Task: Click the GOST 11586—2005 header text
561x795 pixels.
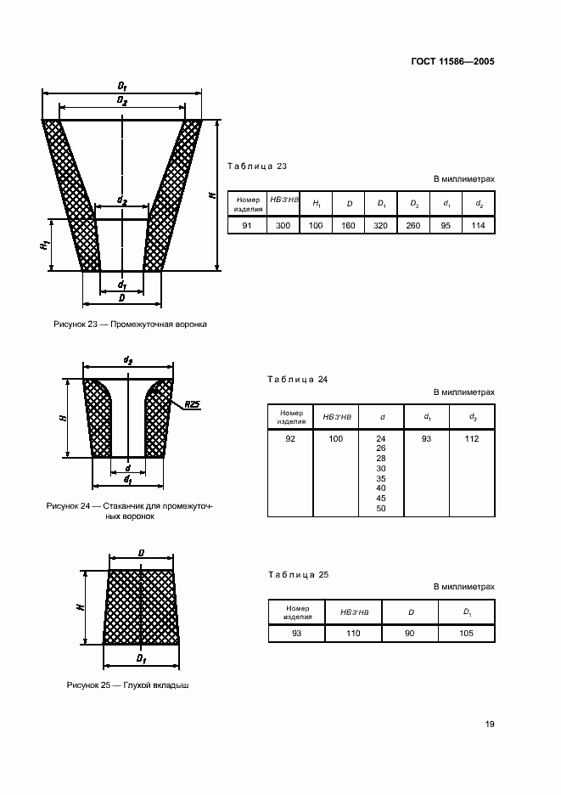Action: click(x=454, y=62)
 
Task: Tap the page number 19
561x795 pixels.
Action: click(x=490, y=725)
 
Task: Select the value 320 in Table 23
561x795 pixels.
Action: click(x=380, y=225)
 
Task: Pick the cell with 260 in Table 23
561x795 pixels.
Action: click(x=413, y=225)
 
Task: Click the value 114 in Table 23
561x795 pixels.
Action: click(x=479, y=225)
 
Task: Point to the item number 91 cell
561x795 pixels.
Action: click(x=246, y=225)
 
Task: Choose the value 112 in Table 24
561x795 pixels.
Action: click(x=472, y=438)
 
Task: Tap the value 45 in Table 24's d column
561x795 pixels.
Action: click(x=380, y=498)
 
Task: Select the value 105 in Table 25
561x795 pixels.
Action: click(x=467, y=634)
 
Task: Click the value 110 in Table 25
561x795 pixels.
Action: click(x=353, y=634)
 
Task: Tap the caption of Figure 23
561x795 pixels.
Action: click(x=130, y=324)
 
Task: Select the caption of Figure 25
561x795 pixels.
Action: click(x=127, y=685)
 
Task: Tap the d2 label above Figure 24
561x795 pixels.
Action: click(x=128, y=360)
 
